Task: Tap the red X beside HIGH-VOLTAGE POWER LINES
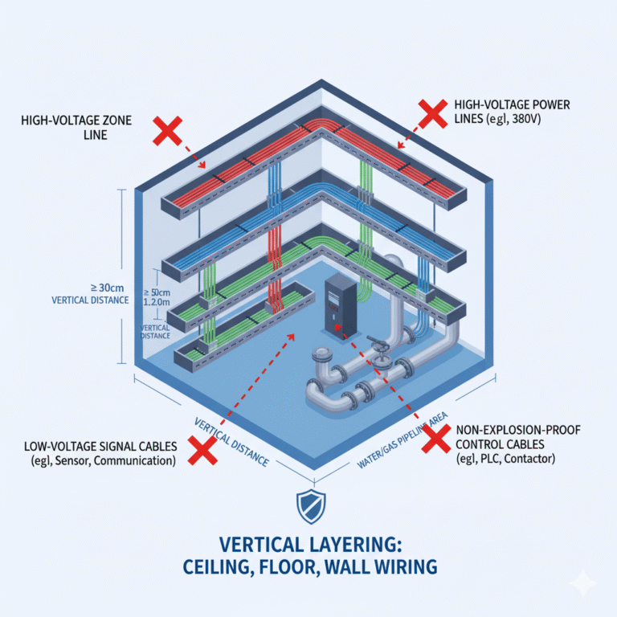[x=433, y=112]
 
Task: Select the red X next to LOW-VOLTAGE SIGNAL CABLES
[x=202, y=450]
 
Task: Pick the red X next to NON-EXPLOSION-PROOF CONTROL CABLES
[x=435, y=439]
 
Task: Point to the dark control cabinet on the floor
[x=337, y=304]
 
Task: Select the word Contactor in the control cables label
[x=530, y=458]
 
